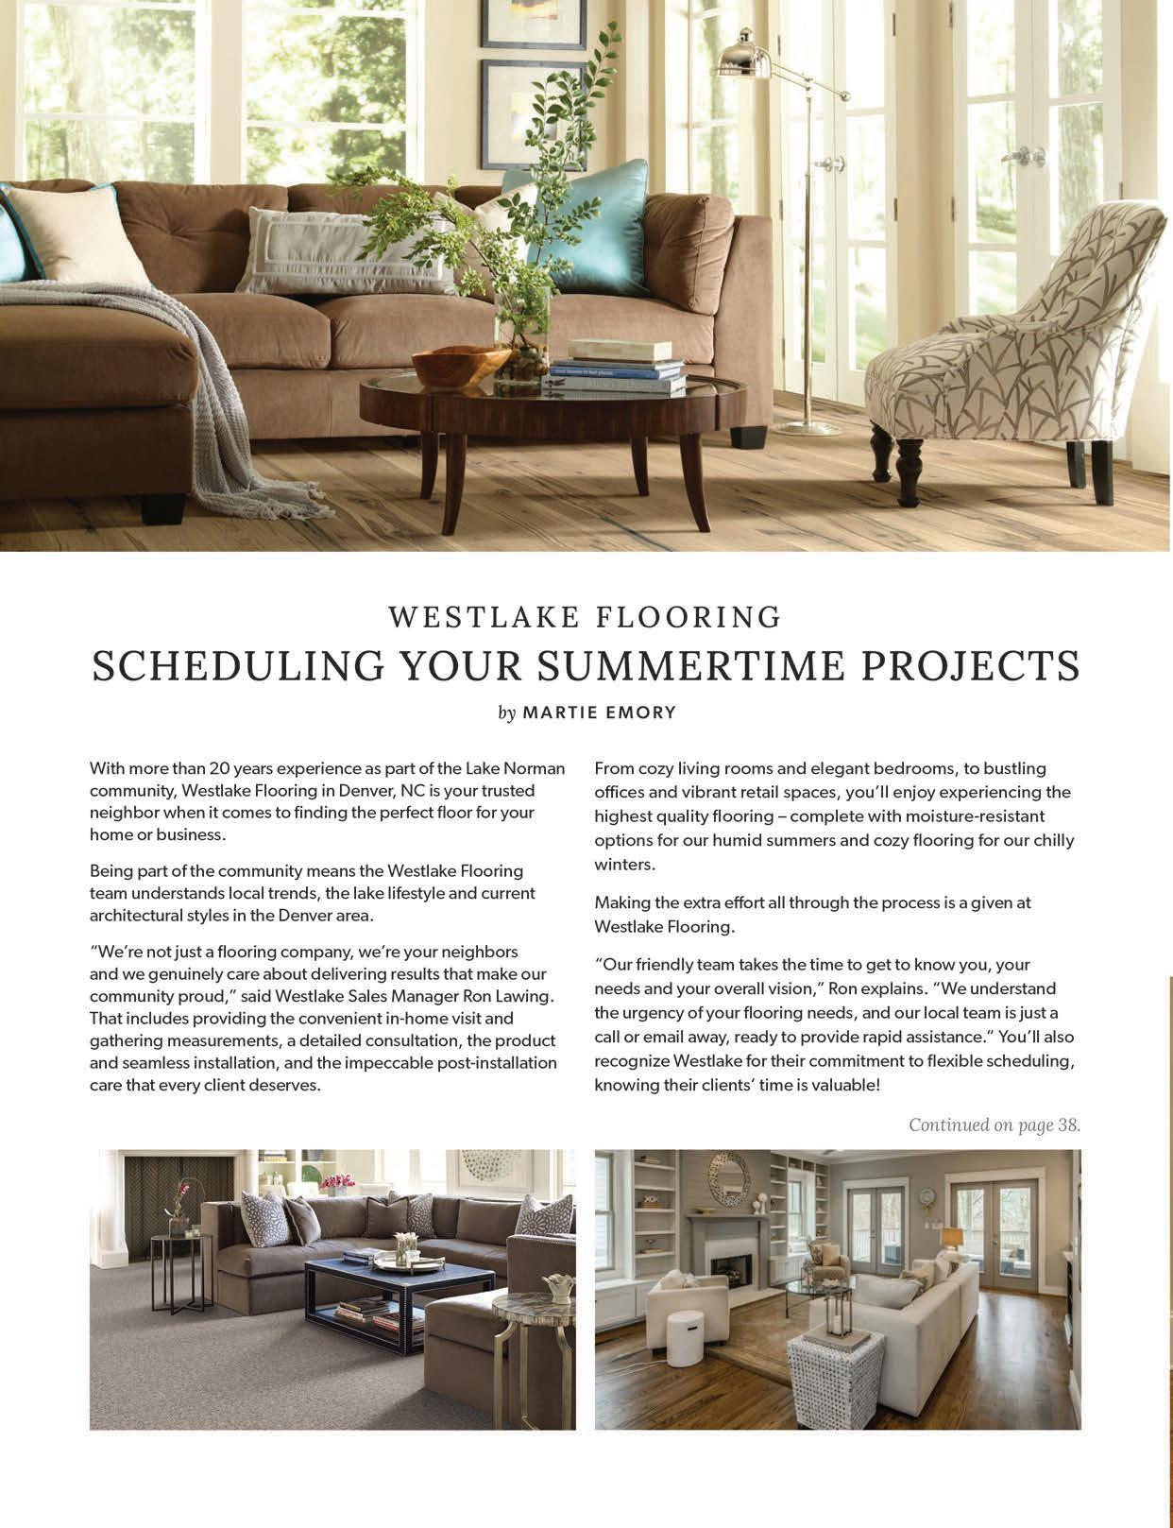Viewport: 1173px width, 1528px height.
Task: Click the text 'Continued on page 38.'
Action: click(994, 1125)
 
